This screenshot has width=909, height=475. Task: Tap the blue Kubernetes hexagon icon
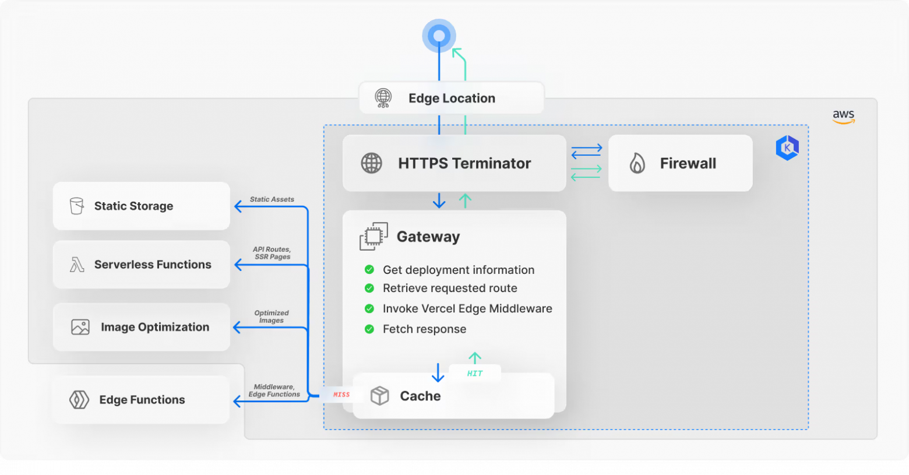tap(787, 148)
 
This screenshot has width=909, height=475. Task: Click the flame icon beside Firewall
tap(637, 163)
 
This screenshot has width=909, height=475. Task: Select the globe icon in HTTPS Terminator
tap(371, 163)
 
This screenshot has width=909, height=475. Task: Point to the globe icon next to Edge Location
tap(383, 98)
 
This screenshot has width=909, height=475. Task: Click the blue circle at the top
tap(439, 36)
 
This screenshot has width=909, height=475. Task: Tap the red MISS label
tap(341, 395)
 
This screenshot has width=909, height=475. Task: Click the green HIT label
tap(475, 374)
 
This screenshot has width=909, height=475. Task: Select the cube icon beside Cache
tap(380, 396)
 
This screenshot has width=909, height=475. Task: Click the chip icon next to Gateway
tap(374, 236)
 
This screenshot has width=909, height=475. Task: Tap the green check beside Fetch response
tap(369, 329)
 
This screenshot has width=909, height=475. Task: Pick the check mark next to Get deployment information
tap(369, 270)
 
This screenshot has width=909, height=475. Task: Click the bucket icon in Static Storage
tap(76, 206)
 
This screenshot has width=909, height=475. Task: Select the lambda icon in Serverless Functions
tap(77, 264)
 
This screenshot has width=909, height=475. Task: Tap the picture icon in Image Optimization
tap(80, 327)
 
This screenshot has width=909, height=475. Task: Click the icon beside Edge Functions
tap(79, 399)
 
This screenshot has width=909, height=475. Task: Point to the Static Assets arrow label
tap(272, 199)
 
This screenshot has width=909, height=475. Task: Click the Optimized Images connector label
tap(272, 316)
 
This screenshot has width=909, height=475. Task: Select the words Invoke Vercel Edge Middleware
tap(467, 308)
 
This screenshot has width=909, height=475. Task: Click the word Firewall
tap(688, 163)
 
